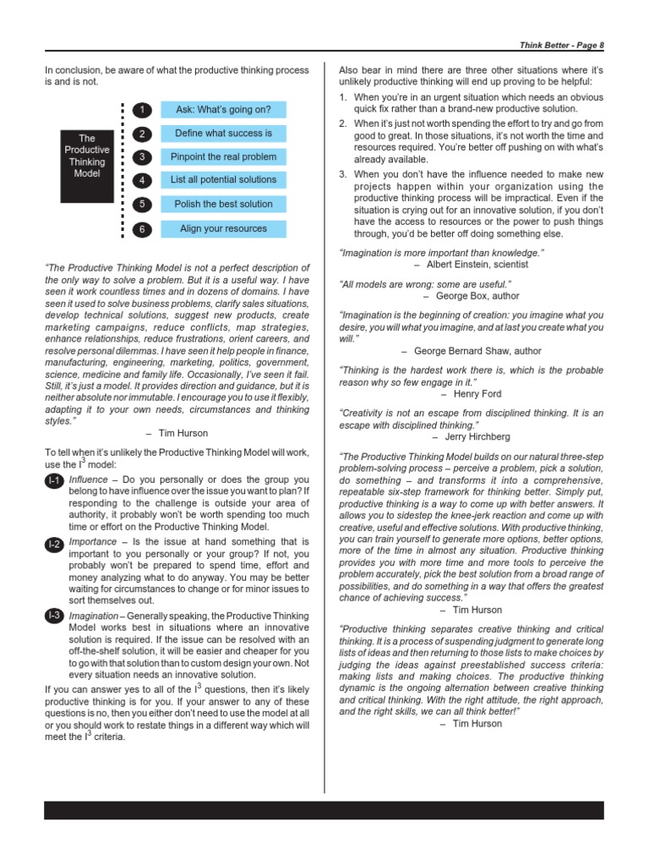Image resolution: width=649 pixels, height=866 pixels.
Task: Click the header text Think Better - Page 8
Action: tap(561, 44)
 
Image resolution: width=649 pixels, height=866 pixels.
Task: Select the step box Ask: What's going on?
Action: tap(223, 110)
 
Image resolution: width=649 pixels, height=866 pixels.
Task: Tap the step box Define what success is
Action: tap(223, 134)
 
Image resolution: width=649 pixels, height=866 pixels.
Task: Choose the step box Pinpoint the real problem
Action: tap(223, 157)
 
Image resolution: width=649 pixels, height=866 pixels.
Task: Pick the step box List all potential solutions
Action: tap(223, 180)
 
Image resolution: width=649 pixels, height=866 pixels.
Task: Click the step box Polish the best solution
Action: tap(223, 205)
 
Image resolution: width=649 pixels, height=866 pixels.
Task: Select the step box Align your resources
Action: tap(223, 229)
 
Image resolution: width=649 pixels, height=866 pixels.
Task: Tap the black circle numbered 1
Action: tap(144, 110)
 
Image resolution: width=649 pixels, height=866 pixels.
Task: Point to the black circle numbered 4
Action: tap(144, 181)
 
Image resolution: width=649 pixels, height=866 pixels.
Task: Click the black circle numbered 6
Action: tap(144, 229)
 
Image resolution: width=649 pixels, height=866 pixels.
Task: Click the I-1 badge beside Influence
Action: tap(54, 481)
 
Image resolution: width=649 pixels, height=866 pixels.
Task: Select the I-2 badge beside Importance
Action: tap(54, 544)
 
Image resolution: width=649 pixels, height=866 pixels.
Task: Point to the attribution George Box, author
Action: tap(470, 296)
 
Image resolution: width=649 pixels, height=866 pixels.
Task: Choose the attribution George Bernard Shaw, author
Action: tap(471, 351)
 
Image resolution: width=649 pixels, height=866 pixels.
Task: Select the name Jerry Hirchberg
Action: tap(471, 437)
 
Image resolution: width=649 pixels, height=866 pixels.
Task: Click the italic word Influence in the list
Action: tap(88, 480)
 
